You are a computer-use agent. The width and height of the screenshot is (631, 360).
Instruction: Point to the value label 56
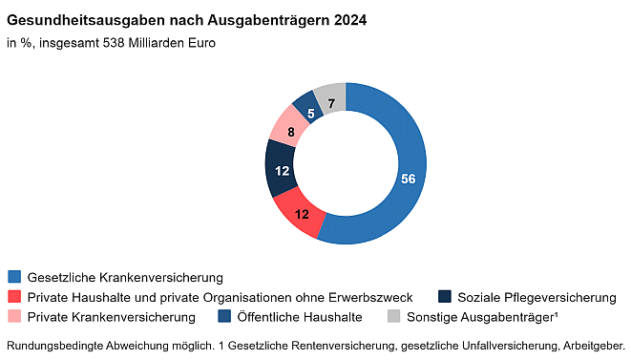(x=408, y=179)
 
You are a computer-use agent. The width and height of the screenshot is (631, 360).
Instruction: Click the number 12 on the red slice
(x=302, y=214)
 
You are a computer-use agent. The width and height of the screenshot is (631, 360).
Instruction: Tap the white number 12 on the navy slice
(x=282, y=170)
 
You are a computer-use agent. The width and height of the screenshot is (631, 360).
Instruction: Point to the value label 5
(x=311, y=112)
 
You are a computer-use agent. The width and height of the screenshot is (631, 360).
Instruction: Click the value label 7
(x=331, y=103)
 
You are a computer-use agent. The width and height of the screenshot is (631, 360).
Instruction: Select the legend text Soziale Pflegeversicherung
(x=536, y=297)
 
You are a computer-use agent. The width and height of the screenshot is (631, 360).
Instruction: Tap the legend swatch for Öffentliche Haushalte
(x=224, y=316)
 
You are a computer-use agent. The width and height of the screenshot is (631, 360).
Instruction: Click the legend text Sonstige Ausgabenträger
(x=481, y=316)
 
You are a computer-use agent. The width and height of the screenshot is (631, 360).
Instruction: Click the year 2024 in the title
(x=347, y=19)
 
